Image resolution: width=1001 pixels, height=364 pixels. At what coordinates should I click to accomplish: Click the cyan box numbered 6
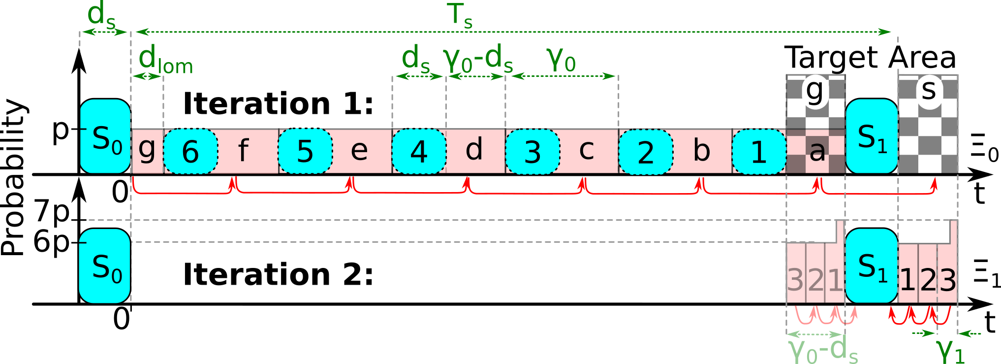[x=190, y=151]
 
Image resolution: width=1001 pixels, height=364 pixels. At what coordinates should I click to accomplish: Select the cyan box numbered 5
[x=305, y=151]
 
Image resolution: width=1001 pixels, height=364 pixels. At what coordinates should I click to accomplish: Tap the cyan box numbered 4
[x=419, y=151]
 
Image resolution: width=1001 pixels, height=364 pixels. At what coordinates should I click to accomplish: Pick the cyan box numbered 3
[x=532, y=151]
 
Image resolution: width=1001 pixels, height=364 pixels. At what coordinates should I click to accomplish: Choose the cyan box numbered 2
[x=646, y=151]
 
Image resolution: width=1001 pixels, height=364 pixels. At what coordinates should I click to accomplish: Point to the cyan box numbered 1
[x=759, y=151]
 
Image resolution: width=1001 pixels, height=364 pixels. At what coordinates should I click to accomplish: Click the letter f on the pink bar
[x=243, y=151]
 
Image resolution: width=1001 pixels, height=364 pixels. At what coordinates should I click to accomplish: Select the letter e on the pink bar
[x=359, y=150]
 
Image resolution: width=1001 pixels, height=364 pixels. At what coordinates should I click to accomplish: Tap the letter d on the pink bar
[x=474, y=150]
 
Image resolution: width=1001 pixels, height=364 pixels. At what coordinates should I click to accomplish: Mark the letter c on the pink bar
[x=586, y=150]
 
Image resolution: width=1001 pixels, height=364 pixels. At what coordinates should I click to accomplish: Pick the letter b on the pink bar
[x=701, y=150]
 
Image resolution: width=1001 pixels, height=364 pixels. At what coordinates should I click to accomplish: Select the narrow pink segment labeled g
[x=147, y=150]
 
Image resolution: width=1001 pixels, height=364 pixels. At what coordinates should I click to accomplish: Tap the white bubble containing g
[x=815, y=92]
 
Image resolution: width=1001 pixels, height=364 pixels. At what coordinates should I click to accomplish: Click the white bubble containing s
[x=929, y=92]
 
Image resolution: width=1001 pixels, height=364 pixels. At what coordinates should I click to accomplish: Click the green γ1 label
[x=950, y=351]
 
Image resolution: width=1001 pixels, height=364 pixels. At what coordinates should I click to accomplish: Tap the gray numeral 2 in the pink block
[x=815, y=280]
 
